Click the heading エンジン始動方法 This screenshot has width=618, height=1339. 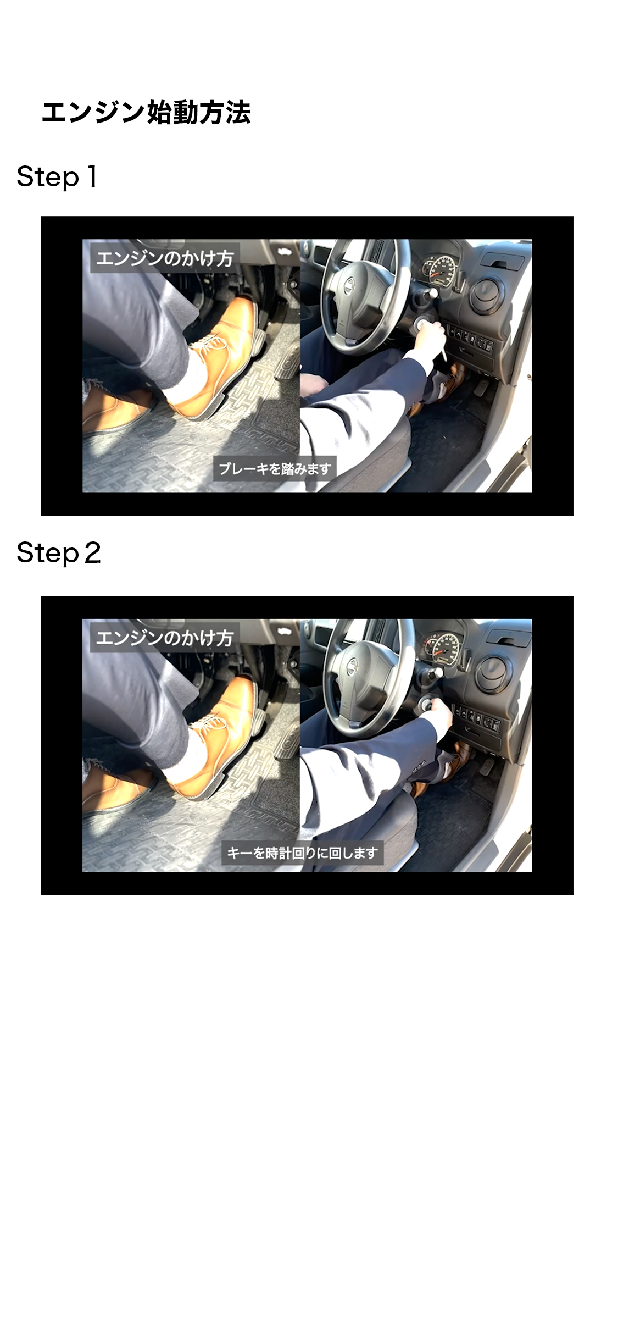pyautogui.click(x=146, y=113)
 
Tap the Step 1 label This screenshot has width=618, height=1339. pyautogui.click(x=57, y=176)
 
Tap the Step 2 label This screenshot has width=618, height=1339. pyautogui.click(x=59, y=552)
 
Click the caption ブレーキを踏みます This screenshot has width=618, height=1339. pyautogui.click(x=275, y=468)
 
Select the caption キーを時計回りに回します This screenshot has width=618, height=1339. pyautogui.click(x=302, y=853)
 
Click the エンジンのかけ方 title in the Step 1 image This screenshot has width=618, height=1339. pyautogui.click(x=165, y=258)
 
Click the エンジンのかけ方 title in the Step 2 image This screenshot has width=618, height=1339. pyautogui.click(x=165, y=638)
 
